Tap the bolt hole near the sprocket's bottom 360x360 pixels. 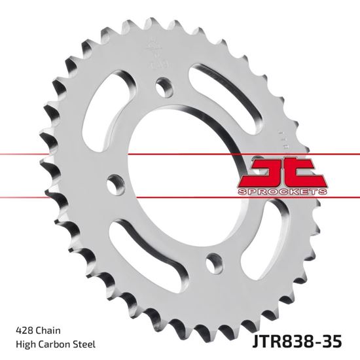point(213,262)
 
